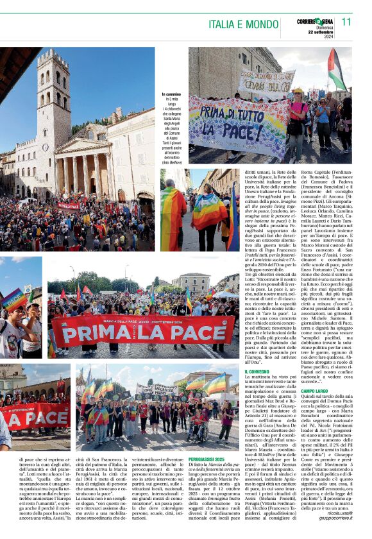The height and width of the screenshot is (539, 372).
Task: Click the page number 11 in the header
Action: pos(347,22)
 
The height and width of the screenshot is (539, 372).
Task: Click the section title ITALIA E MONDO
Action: pos(244,25)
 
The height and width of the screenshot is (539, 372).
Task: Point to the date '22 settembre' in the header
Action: pos(321,32)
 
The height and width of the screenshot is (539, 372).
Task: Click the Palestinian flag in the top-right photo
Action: pos(336,71)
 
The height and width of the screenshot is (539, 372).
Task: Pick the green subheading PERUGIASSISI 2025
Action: pos(207,477)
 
